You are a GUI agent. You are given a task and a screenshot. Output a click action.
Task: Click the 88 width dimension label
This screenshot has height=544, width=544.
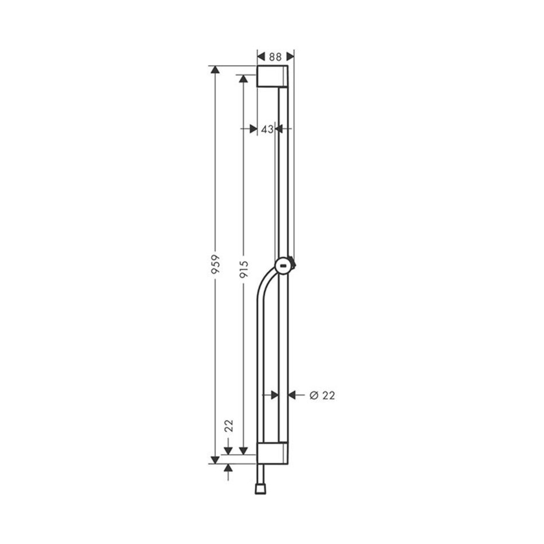coord(275,57)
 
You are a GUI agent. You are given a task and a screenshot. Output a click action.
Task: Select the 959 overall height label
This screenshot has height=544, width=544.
coord(215,265)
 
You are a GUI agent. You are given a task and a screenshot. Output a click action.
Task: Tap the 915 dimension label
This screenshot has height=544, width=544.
coord(243,270)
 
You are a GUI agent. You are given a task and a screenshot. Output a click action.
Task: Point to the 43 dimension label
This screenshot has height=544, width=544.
coord(267,129)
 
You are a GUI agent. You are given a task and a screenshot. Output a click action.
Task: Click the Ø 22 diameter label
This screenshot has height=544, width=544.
coord(322,396)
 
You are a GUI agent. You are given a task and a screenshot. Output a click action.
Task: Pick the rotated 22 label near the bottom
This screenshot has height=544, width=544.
coord(228,425)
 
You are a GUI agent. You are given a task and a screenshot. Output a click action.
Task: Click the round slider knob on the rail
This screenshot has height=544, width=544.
coord(284,266)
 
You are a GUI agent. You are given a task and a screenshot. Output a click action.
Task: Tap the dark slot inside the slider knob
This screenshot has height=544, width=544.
coord(283,266)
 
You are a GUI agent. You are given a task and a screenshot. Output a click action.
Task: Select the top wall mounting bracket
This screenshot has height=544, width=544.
coord(273,76)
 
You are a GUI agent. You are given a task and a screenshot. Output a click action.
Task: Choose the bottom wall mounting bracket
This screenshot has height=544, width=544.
coord(273,453)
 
